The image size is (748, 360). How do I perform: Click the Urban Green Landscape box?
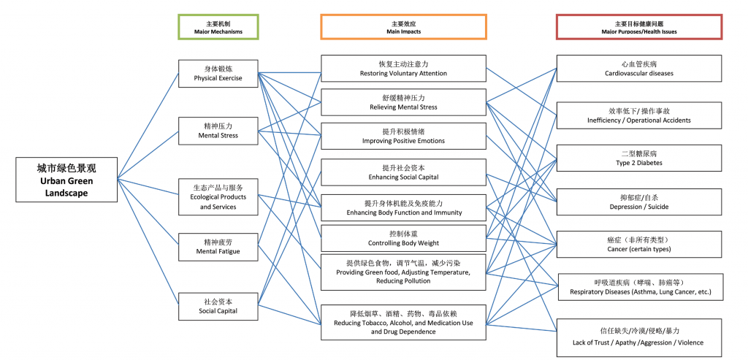coord(66,180)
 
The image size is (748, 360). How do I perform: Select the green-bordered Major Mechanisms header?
coord(218,27)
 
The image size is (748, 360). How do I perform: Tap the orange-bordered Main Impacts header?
coord(403,27)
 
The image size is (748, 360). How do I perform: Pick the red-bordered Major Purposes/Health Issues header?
coord(638,27)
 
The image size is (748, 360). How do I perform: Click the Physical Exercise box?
coord(218,74)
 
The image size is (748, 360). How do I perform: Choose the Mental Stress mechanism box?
coord(218,131)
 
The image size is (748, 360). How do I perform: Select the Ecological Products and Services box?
coord(218,196)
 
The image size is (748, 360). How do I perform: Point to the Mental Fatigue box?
coord(218,247)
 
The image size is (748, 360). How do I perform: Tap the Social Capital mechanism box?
coord(218,306)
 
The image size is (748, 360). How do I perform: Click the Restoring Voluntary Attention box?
coord(403,68)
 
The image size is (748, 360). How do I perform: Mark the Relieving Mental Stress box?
coord(403,102)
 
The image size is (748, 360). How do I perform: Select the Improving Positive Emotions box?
coord(403,136)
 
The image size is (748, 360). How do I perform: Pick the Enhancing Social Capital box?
coord(403,172)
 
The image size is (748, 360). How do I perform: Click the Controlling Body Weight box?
coord(403,238)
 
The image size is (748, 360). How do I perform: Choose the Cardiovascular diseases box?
coord(638,68)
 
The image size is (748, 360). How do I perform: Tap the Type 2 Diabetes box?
coord(638,158)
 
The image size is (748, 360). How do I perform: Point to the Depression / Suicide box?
coord(638,202)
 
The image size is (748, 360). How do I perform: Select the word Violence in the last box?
coord(690,342)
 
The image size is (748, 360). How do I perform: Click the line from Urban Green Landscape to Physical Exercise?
coord(148,126)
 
